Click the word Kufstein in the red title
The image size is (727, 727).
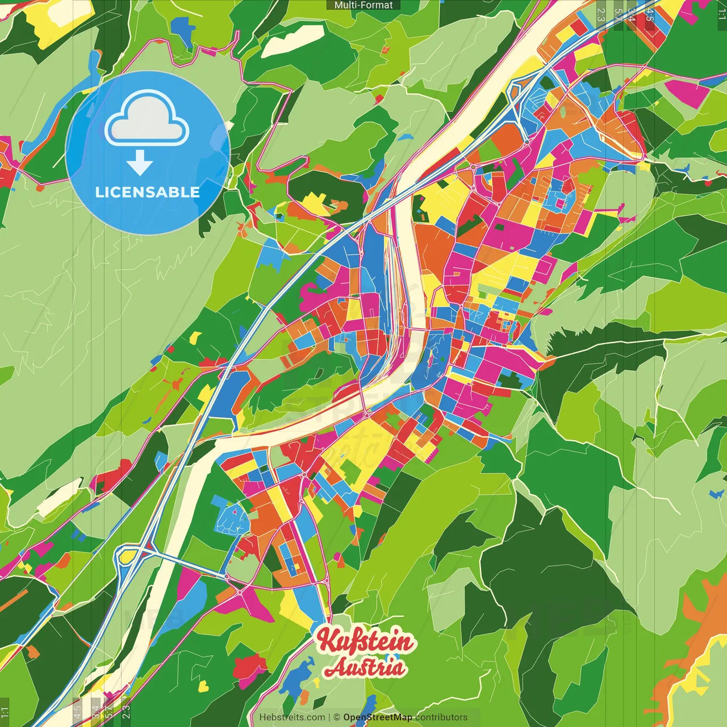(x=366, y=641)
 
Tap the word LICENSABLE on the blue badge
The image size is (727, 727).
(x=148, y=192)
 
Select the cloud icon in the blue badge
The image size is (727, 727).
(x=147, y=120)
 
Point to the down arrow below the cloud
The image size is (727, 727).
(x=140, y=164)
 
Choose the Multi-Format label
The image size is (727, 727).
(x=363, y=5)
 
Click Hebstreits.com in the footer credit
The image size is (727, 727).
(x=292, y=717)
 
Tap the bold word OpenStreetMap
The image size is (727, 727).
(x=378, y=717)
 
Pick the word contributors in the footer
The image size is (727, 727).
(x=441, y=717)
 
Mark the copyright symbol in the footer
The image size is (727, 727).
(x=337, y=717)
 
